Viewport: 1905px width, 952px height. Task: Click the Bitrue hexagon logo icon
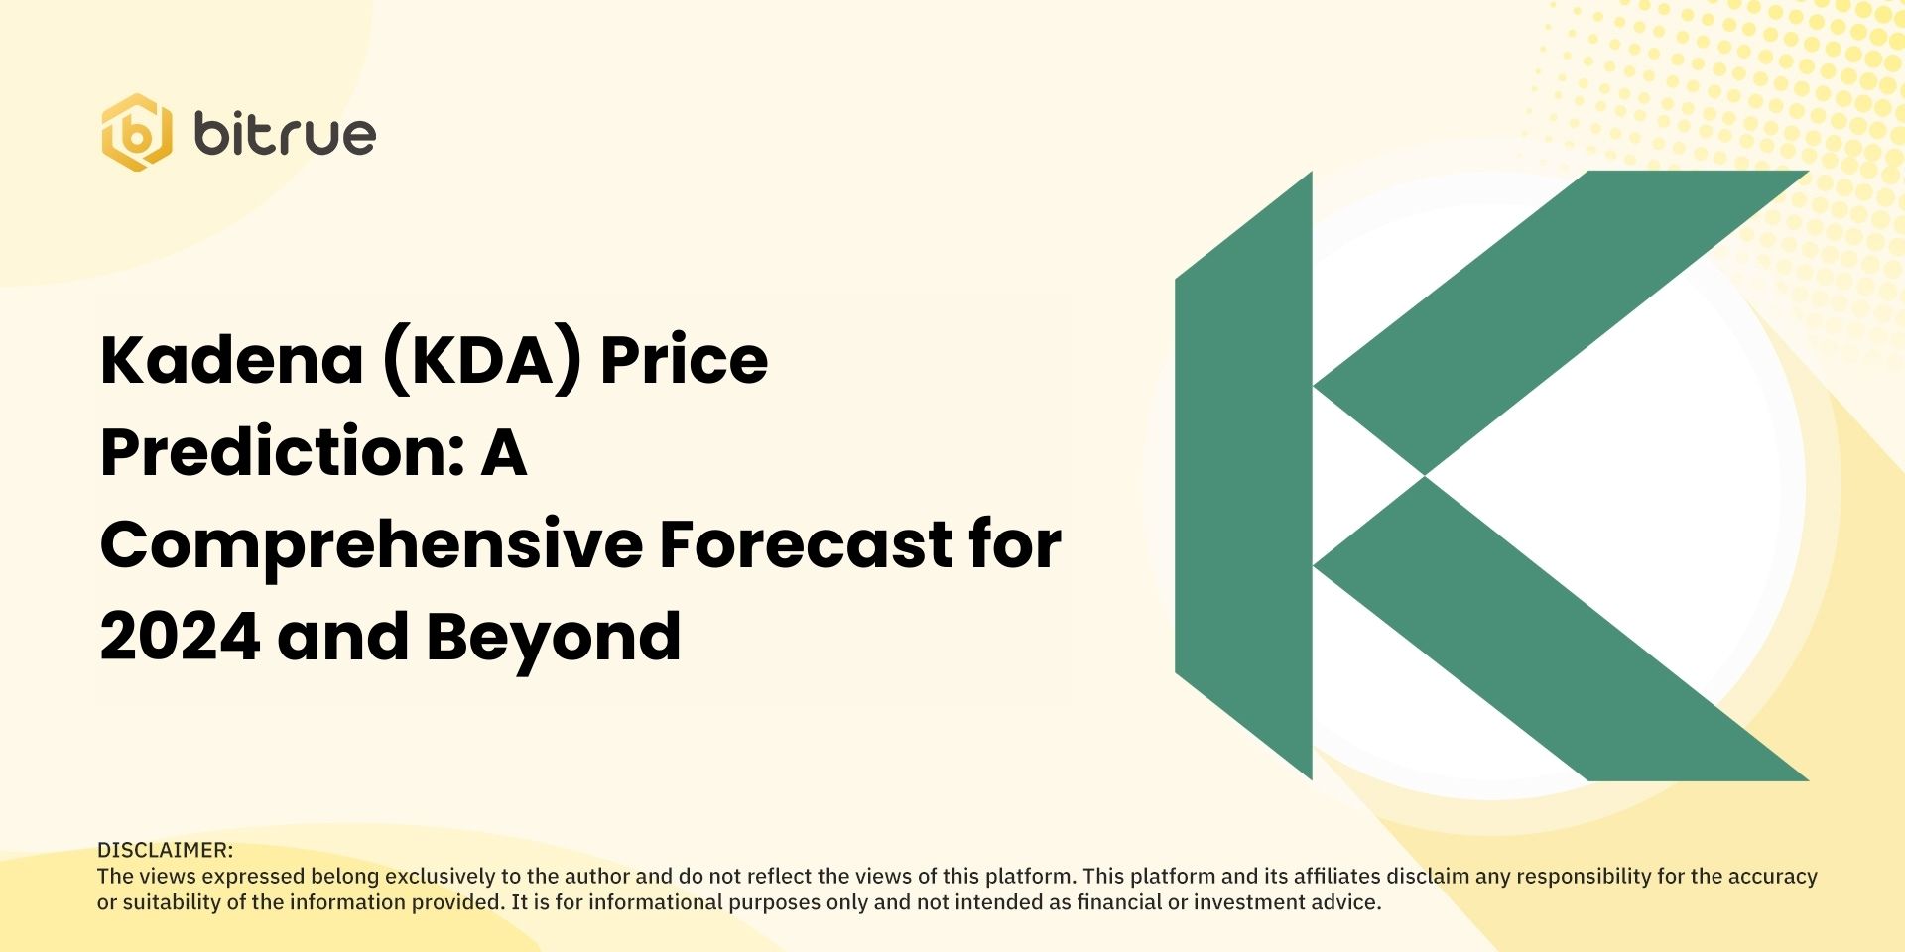(x=136, y=133)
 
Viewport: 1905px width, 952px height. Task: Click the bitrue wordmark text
(x=285, y=134)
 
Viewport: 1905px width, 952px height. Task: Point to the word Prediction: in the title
(x=284, y=452)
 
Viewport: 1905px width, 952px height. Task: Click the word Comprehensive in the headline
(x=371, y=545)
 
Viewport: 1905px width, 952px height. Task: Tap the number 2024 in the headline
(x=180, y=637)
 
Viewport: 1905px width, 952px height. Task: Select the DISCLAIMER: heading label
(x=165, y=850)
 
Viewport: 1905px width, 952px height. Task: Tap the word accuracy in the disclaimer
(x=1773, y=877)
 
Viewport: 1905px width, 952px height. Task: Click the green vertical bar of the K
(x=1244, y=476)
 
